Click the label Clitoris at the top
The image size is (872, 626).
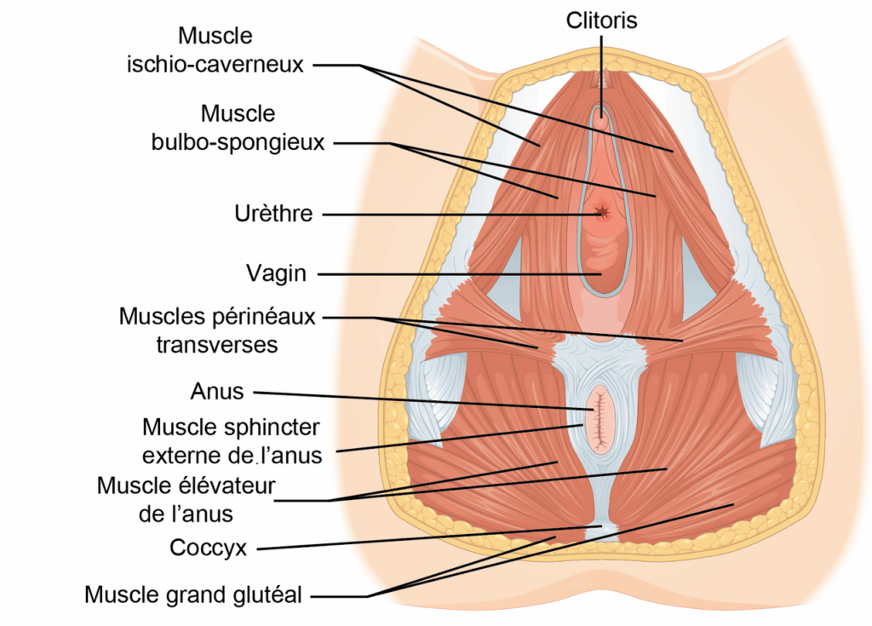601,20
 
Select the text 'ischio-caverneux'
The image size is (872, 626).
215,65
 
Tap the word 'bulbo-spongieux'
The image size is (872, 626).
238,142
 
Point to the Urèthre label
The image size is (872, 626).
273,214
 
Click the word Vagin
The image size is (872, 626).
277,273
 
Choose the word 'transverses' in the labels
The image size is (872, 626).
217,345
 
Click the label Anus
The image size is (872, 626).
217,392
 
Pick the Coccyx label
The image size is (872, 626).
208,548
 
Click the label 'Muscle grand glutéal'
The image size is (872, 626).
193,594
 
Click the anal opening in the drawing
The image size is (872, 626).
600,420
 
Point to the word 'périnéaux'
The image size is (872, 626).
264,317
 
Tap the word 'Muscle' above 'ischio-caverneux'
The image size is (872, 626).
215,36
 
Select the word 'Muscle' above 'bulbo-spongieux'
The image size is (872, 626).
238,114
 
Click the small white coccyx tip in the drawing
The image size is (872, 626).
600,531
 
